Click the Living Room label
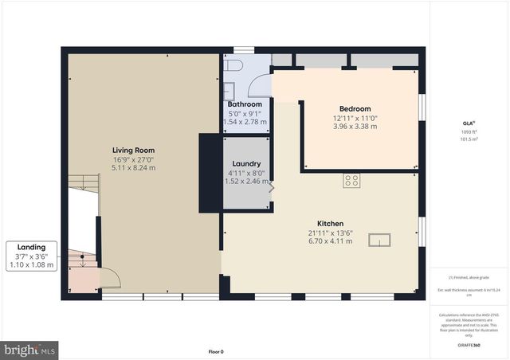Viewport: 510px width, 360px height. [x=133, y=150]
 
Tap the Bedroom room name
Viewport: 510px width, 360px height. [x=355, y=109]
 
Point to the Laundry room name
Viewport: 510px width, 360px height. [x=246, y=164]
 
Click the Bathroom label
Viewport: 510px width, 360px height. [x=245, y=104]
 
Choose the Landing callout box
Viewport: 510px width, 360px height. [x=31, y=256]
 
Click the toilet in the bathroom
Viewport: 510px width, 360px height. [x=234, y=66]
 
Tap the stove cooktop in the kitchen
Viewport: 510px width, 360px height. [x=351, y=180]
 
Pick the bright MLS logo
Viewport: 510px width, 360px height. [x=30, y=349]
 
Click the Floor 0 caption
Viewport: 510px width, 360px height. [x=216, y=351]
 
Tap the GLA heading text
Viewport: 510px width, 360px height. [x=469, y=123]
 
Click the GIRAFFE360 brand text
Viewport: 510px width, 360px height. [x=469, y=345]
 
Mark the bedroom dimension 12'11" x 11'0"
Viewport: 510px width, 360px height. [x=355, y=118]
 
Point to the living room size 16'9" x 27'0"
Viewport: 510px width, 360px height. [x=133, y=158]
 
